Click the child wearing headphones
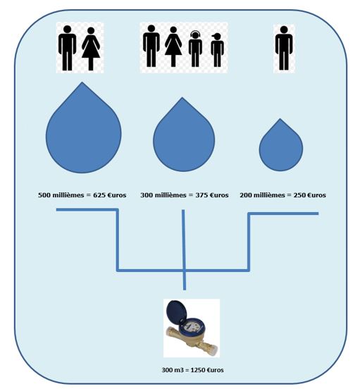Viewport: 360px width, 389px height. [195, 49]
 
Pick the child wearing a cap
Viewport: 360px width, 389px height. [217, 50]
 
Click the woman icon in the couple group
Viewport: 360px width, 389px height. [91, 49]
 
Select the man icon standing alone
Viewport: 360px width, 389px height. [284, 48]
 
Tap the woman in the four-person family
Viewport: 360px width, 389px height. [173, 47]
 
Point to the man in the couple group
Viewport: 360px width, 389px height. [67, 48]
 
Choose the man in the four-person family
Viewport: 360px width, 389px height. [151, 46]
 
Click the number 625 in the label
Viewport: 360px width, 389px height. [99, 195]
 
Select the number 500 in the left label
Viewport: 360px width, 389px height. [44, 195]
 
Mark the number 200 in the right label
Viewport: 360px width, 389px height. [246, 195]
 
